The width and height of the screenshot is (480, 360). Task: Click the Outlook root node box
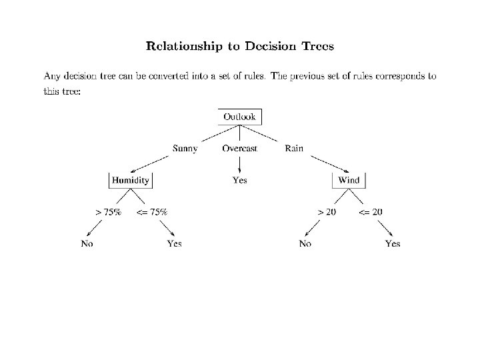(239, 117)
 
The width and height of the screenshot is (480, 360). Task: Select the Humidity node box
(131, 180)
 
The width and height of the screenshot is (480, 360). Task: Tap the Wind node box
(349, 180)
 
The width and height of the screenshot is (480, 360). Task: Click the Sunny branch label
(185, 148)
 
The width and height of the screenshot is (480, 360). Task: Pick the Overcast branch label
(239, 148)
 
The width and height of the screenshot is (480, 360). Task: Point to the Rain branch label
(294, 148)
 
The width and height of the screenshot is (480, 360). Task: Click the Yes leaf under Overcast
(239, 180)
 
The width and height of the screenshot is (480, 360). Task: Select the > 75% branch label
(108, 211)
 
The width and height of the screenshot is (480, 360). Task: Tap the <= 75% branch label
(152, 211)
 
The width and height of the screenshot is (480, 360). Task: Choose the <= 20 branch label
(371, 211)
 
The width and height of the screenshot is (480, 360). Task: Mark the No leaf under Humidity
(87, 243)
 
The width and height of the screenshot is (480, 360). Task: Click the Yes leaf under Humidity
(174, 243)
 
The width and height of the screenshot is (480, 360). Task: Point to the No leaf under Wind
(305, 243)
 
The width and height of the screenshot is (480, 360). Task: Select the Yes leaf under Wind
(393, 243)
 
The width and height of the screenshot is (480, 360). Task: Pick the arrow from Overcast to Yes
(239, 164)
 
